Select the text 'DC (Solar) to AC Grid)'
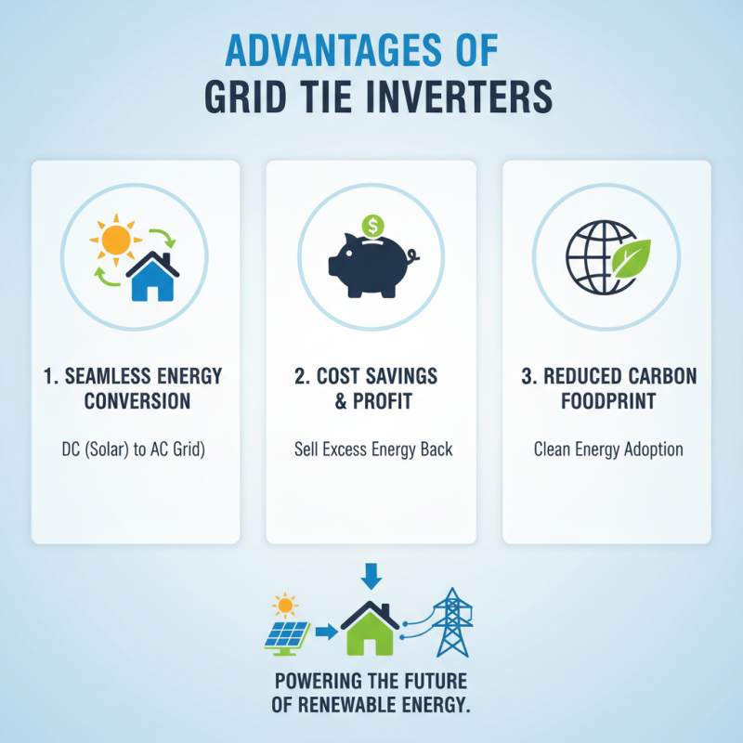pos(137,450)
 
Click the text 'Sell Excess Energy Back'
pos(371,450)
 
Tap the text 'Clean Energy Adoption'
pos(608,450)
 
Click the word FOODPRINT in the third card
pos(608,401)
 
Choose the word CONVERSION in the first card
pos(137,401)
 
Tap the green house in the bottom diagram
pos(371,632)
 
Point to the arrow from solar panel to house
pos(325,633)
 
